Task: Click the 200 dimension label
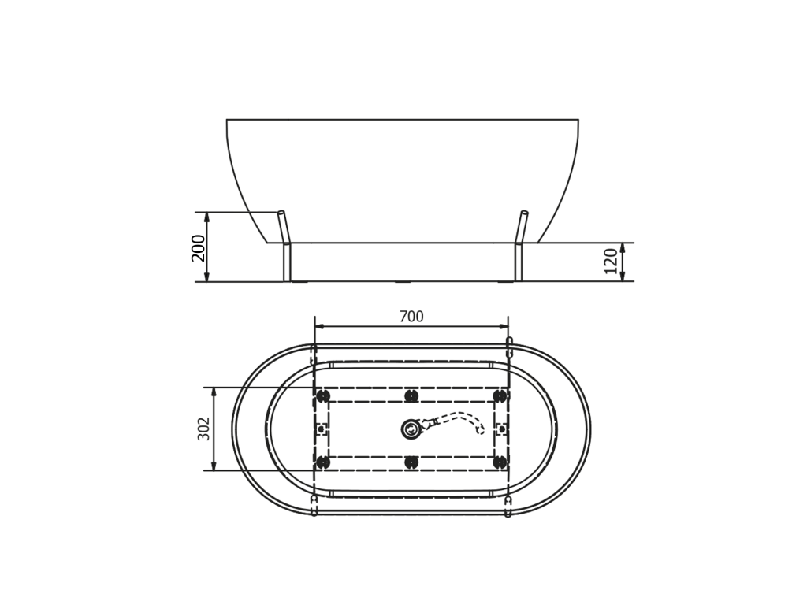pyautogui.click(x=198, y=248)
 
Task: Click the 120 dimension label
pyautogui.click(x=611, y=262)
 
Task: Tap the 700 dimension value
pyautogui.click(x=411, y=317)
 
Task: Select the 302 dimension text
pyautogui.click(x=204, y=429)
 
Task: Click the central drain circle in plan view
pyautogui.click(x=411, y=429)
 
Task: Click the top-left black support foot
pyautogui.click(x=322, y=395)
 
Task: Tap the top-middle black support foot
pyautogui.click(x=411, y=395)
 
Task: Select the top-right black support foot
pyautogui.click(x=499, y=395)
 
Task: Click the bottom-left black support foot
pyautogui.click(x=322, y=462)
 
